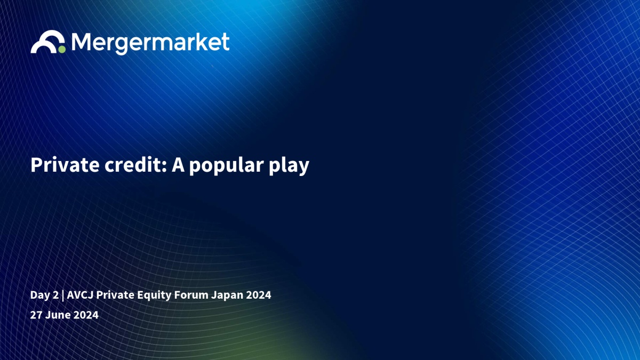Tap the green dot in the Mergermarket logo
[x=62, y=50]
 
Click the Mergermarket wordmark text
[x=150, y=43]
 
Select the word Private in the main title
[x=65, y=165]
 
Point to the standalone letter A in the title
[x=178, y=165]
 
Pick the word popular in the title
[x=226, y=166]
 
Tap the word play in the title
[x=289, y=166]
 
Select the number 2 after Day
[x=55, y=295]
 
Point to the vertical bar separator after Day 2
[x=62, y=295]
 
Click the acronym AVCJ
[x=80, y=295]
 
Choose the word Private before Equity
[x=115, y=295]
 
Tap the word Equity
[x=154, y=295]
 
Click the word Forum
[x=191, y=295]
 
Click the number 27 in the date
[x=36, y=315]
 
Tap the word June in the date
[x=58, y=315]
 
